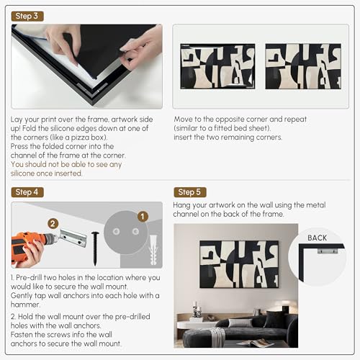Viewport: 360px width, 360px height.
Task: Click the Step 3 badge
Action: click(x=27, y=17)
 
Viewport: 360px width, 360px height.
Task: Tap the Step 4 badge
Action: click(x=27, y=192)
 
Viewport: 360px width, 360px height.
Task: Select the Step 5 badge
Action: click(x=190, y=192)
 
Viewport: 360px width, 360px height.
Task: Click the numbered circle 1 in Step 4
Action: click(x=143, y=217)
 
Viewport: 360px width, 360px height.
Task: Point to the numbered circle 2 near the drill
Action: click(x=53, y=224)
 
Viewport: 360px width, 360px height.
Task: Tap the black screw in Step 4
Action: click(x=95, y=248)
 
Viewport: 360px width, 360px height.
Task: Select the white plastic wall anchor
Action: click(x=153, y=250)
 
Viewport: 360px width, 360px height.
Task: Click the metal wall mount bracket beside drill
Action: click(x=73, y=238)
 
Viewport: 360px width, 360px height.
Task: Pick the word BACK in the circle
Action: click(x=317, y=238)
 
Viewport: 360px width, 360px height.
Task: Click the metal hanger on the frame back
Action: click(x=328, y=251)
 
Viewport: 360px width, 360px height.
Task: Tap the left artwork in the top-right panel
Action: click(x=217, y=66)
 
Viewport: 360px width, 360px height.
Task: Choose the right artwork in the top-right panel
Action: click(x=303, y=66)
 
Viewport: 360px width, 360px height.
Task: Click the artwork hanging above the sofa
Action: click(x=239, y=264)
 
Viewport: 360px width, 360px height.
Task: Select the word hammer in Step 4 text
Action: click(x=25, y=305)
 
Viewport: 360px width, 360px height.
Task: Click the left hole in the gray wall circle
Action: click(x=117, y=232)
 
